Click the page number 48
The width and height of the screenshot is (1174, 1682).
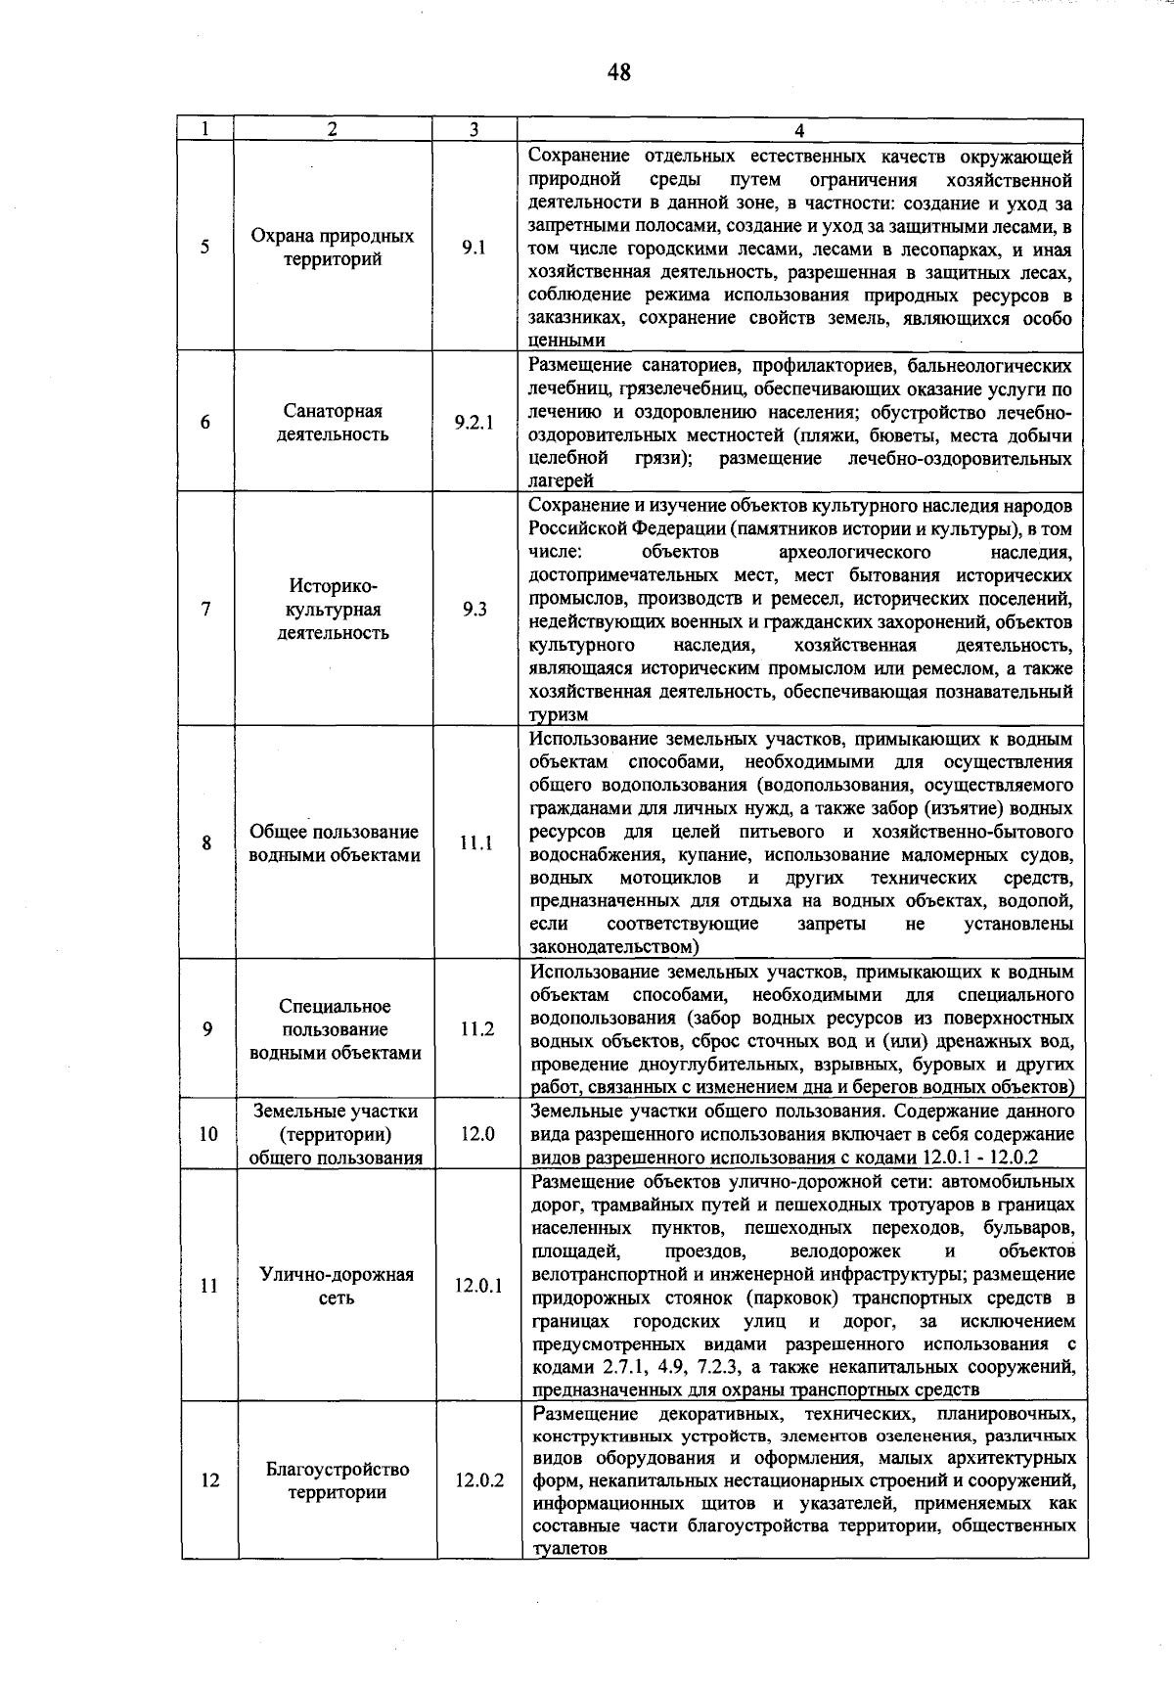point(618,71)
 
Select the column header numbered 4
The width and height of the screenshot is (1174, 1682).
point(799,130)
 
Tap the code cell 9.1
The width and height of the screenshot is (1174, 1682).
point(474,248)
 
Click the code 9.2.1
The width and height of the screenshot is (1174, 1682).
point(474,423)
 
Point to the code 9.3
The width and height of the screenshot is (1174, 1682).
point(474,609)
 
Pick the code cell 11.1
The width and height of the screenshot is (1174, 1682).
point(475,842)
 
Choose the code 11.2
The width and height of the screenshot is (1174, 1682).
point(476,1028)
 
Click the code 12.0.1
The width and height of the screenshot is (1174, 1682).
point(477,1286)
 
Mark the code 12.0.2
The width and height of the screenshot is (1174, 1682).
point(478,1480)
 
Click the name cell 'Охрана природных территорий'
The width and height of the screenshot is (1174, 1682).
point(333,248)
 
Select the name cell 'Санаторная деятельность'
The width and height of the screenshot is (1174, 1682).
point(333,423)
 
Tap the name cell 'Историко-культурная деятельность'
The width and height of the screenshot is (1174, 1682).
point(333,609)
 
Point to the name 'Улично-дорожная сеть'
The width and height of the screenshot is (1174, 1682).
point(336,1286)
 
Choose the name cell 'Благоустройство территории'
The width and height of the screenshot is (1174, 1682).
point(337,1480)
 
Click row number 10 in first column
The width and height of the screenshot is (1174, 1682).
point(208,1134)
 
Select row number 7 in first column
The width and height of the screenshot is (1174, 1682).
point(205,609)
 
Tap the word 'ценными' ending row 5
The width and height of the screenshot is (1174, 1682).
point(566,341)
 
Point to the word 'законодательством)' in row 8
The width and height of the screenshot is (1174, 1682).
point(614,947)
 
